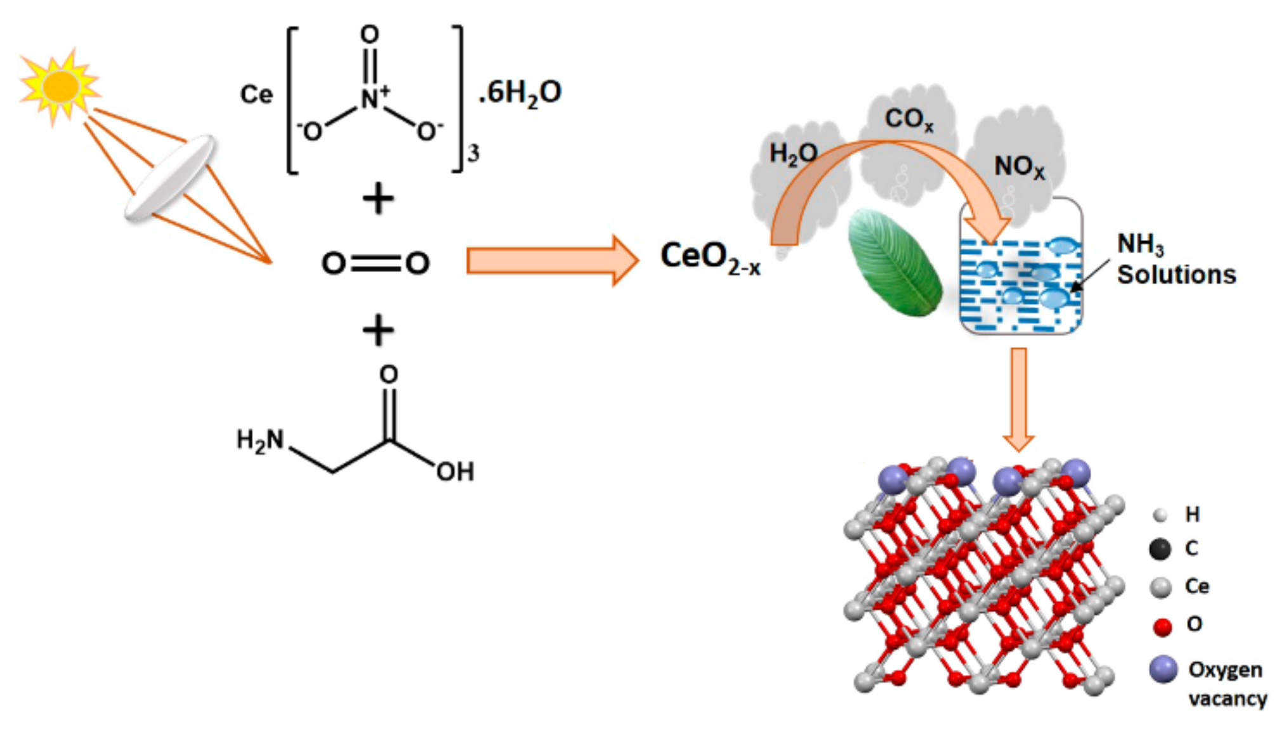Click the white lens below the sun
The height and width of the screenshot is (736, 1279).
(x=169, y=178)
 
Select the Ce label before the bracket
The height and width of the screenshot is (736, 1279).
(x=256, y=95)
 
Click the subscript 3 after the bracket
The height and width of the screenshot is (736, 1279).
(x=473, y=154)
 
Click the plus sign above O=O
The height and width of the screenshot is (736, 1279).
(x=378, y=199)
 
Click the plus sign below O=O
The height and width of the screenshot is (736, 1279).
(x=378, y=331)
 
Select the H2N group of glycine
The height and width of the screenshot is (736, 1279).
(x=260, y=440)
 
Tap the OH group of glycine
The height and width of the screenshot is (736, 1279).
(x=455, y=471)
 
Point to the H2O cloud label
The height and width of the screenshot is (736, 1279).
(x=793, y=154)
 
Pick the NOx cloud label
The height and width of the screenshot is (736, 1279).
(x=1019, y=168)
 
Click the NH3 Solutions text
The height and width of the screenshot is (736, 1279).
(x=1175, y=260)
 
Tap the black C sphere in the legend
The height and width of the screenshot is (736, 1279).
(x=1160, y=549)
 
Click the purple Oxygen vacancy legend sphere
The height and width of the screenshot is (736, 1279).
(x=1163, y=670)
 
